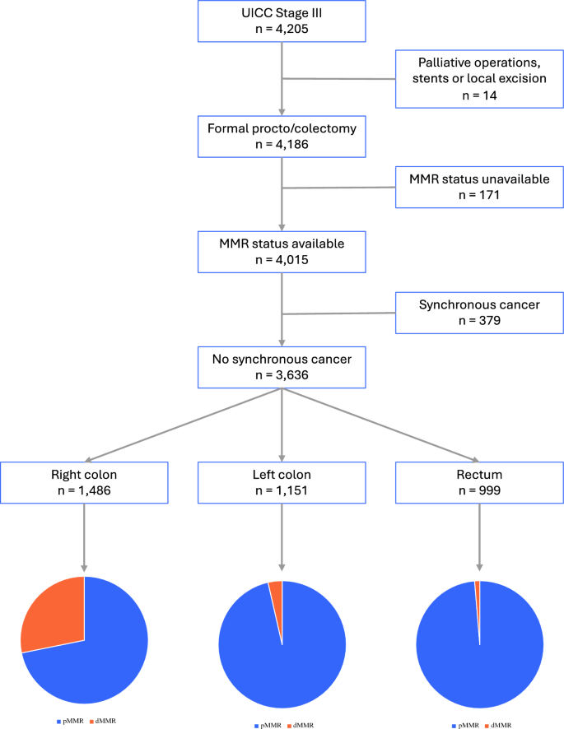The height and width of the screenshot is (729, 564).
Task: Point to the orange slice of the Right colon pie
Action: click(53, 613)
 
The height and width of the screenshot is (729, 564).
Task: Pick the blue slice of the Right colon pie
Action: click(99, 658)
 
